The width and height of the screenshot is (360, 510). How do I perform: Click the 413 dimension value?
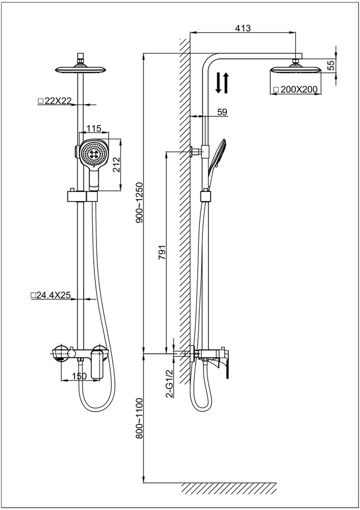pos(243,29)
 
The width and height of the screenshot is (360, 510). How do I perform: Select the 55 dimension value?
pos(330,65)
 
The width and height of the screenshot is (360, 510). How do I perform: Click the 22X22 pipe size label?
pos(55,101)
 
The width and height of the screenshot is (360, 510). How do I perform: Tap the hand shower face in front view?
pos(93,153)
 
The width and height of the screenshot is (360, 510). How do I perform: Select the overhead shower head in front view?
pos(80,69)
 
